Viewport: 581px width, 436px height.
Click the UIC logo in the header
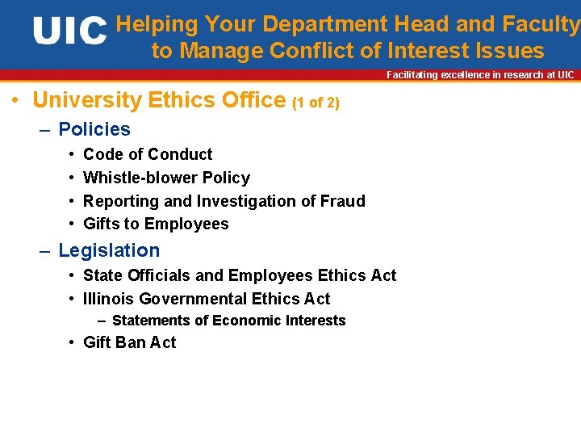[69, 32]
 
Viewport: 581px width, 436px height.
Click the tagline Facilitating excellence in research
[480, 75]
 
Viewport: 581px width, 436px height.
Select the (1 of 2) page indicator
[316, 103]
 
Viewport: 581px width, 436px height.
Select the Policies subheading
[94, 129]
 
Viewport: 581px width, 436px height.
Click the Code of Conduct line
[148, 154]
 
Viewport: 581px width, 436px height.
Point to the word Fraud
[344, 201]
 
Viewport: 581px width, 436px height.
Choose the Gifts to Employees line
[156, 224]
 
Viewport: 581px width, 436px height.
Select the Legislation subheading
[109, 250]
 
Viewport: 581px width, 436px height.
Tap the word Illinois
[107, 299]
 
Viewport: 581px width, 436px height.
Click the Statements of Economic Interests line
[228, 321]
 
